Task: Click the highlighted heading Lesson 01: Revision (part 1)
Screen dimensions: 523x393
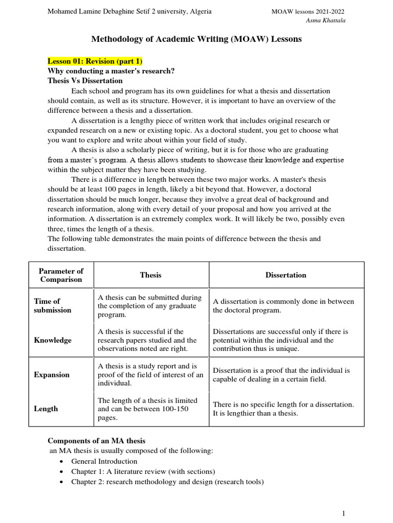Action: [95, 61]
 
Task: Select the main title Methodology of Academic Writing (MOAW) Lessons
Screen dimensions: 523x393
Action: [196, 39]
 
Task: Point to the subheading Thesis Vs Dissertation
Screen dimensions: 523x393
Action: [85, 81]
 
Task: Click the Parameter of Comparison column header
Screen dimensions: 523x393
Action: [61, 275]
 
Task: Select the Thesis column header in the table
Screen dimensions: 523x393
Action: [150, 275]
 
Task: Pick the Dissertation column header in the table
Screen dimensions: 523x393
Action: [286, 275]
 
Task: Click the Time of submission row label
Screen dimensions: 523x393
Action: [53, 305]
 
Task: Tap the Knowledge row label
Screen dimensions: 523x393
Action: [52, 340]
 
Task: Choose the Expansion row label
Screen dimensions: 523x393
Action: [51, 374]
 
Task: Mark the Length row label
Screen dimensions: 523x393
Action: [46, 409]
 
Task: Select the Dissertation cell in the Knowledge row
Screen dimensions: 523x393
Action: [280, 340]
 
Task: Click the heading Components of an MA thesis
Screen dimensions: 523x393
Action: [97, 441]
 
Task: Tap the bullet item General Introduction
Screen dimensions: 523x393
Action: [104, 461]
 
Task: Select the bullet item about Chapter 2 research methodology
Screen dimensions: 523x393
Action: [167, 482]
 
